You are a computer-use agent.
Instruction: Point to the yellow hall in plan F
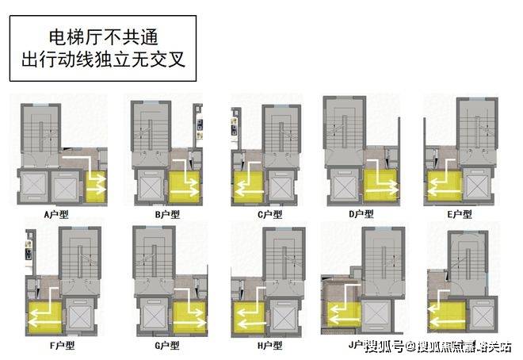(43, 316)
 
